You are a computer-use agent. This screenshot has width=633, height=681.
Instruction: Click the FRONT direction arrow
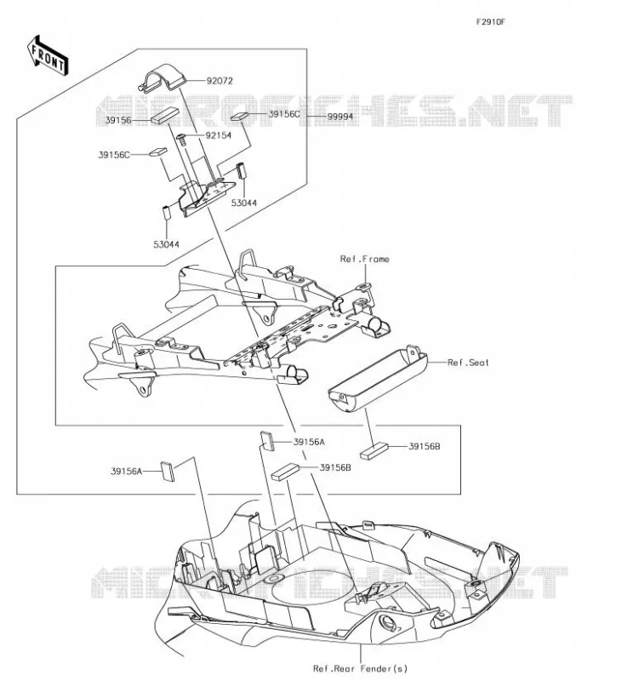tap(48, 56)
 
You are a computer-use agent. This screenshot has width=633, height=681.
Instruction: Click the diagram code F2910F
tap(491, 22)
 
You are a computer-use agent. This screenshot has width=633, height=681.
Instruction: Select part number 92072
tap(220, 81)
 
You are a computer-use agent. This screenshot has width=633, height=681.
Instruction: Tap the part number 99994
tap(340, 117)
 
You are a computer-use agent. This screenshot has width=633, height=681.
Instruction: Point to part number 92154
tap(219, 135)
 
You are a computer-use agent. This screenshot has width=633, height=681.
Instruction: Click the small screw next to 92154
tap(181, 140)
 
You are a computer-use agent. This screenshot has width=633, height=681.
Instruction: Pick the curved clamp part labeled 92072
tap(163, 78)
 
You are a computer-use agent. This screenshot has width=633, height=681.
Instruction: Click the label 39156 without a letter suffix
tap(118, 120)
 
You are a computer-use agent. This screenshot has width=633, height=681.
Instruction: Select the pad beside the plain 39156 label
tap(164, 116)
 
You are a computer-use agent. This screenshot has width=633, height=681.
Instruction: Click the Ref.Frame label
tap(365, 259)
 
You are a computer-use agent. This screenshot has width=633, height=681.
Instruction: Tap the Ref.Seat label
tap(468, 363)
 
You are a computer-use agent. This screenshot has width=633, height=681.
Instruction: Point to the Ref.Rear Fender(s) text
tap(361, 668)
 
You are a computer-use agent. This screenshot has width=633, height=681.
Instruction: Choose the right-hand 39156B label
tap(425, 446)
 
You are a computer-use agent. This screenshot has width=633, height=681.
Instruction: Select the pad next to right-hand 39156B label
tap(374, 451)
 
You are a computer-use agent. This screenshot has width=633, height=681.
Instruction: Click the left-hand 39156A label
tap(126, 471)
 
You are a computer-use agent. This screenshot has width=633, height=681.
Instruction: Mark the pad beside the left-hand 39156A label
tap(167, 472)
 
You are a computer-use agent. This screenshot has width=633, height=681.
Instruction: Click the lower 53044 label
tap(166, 244)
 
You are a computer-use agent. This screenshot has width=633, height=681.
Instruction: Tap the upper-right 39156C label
tap(284, 114)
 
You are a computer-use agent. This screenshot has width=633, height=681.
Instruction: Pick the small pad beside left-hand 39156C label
tap(158, 152)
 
